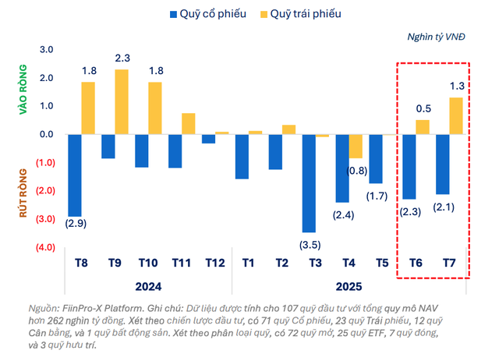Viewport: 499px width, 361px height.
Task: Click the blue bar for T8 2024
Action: pyautogui.click(x=75, y=175)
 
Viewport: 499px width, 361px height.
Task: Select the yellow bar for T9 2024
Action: pyautogui.click(x=121, y=101)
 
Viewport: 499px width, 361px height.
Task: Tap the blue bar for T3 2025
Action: pyautogui.click(x=309, y=182)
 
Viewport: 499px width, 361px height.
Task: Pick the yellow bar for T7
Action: pyautogui.click(x=455, y=115)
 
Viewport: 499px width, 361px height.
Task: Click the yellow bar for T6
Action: pyautogui.click(x=422, y=126)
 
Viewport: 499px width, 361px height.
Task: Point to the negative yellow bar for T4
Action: pyautogui.click(x=356, y=146)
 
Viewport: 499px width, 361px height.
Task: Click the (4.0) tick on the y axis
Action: pyautogui.click(x=43, y=247)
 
